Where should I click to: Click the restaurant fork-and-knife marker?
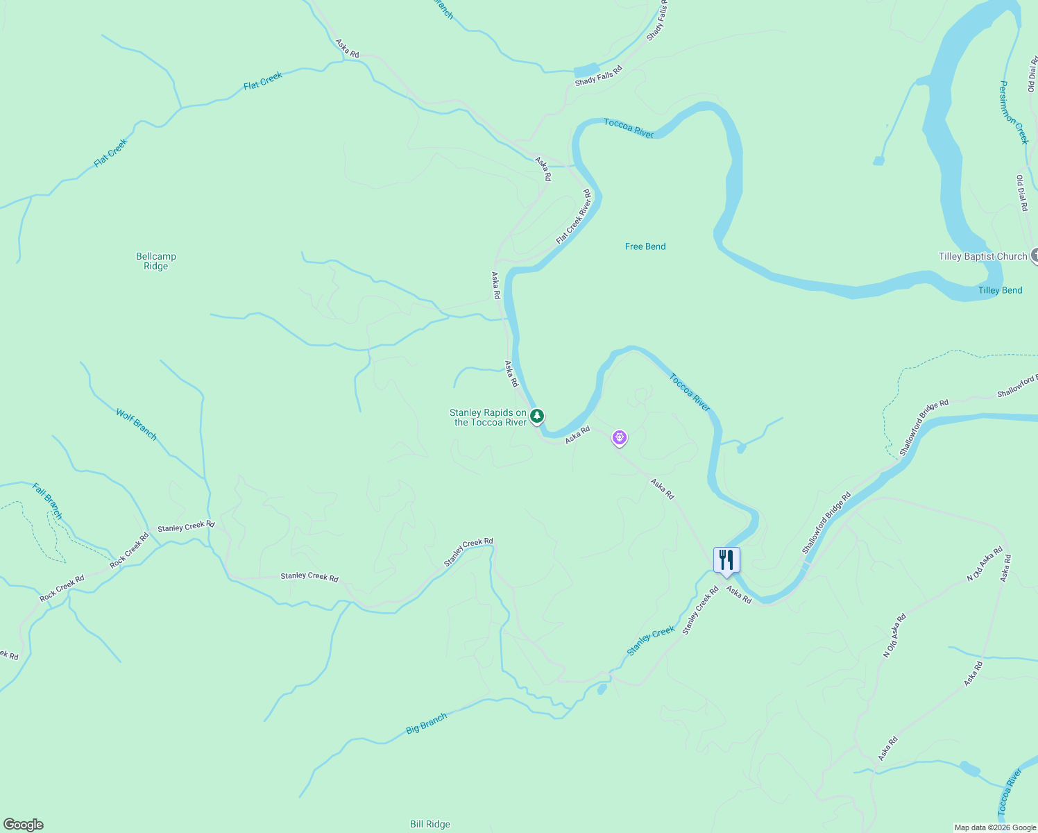click(726, 559)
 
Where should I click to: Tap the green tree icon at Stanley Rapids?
click(536, 416)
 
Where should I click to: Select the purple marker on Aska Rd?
click(619, 438)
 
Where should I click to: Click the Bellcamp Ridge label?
click(156, 261)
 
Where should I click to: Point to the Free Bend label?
click(645, 246)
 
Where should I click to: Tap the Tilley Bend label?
click(1000, 290)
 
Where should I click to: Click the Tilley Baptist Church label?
click(982, 256)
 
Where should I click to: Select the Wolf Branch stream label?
click(137, 424)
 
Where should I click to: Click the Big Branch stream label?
click(426, 723)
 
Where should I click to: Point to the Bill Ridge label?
click(430, 824)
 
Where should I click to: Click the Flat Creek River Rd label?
click(574, 217)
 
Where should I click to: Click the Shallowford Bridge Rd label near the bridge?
click(826, 523)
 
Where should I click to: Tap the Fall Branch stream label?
click(47, 501)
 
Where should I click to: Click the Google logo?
click(23, 825)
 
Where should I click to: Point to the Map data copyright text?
click(995, 827)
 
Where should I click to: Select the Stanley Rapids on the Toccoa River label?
click(488, 417)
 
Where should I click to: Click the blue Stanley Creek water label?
click(651, 641)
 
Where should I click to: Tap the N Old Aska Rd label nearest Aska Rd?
click(985, 564)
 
